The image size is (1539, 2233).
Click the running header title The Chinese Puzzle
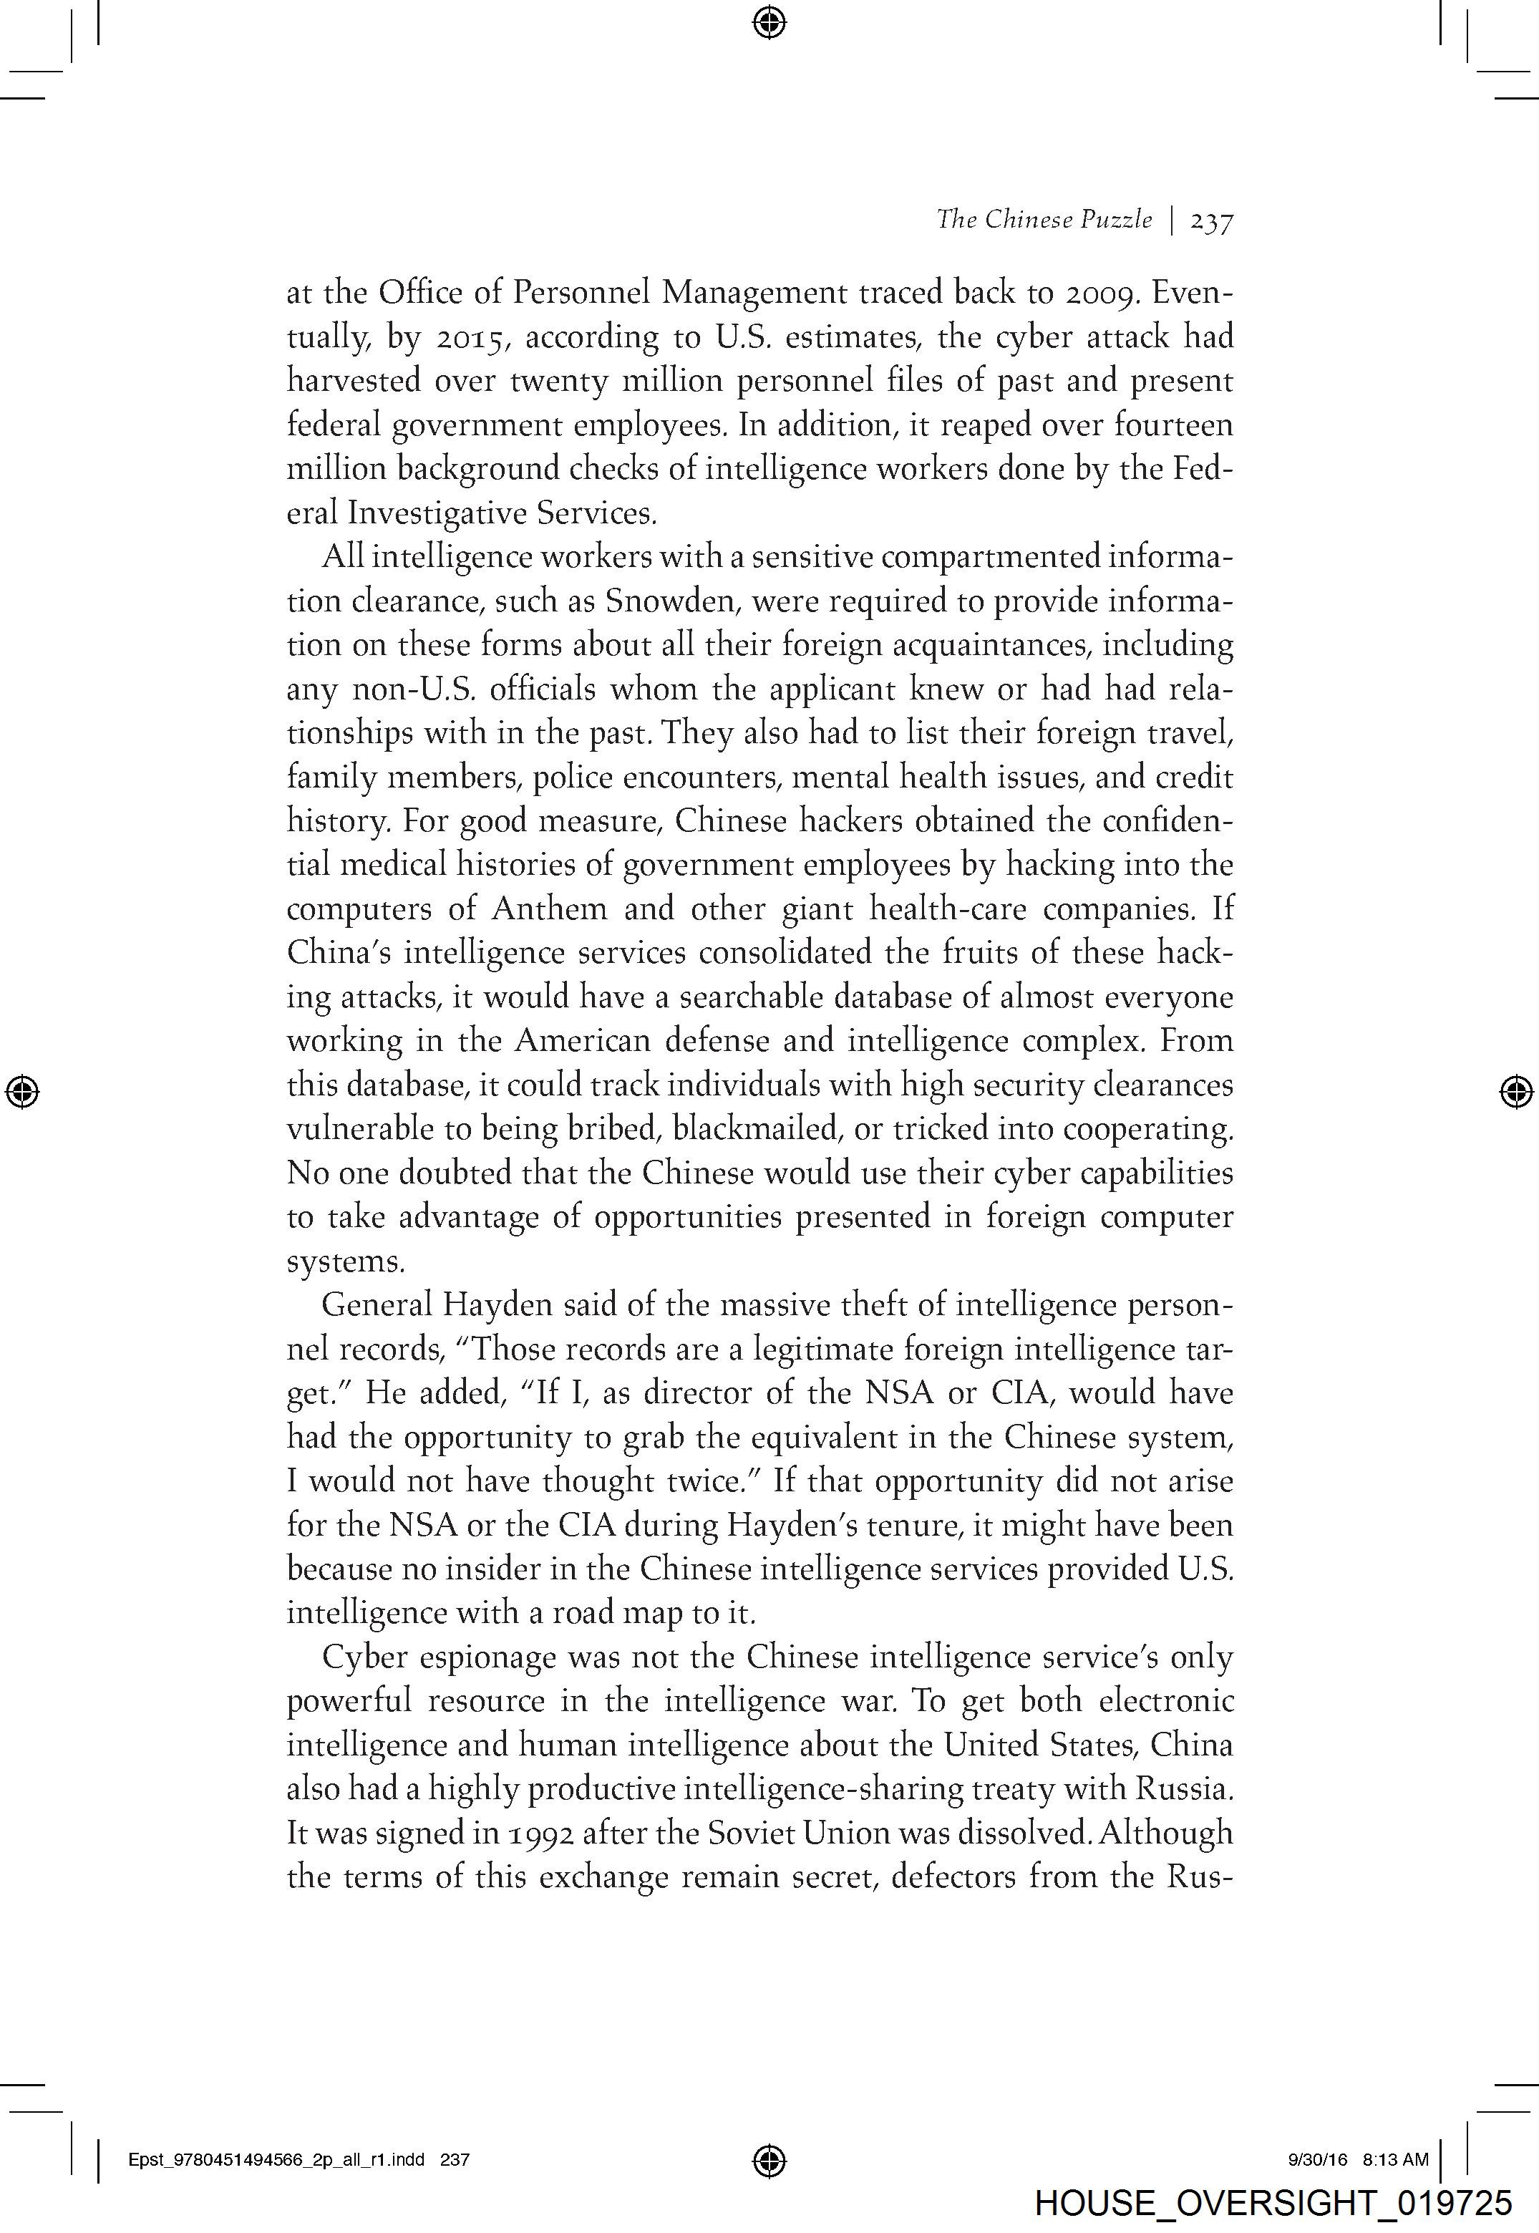click(1044, 220)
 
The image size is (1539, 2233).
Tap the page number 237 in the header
click(1212, 222)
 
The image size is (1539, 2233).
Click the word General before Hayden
click(378, 1305)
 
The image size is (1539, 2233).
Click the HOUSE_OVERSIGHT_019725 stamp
click(1273, 2204)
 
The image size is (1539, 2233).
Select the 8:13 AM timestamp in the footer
click(1395, 2160)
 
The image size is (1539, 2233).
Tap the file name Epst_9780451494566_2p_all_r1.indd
click(276, 2160)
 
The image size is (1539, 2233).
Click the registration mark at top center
click(769, 21)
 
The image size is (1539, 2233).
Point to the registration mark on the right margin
click(1516, 1091)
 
